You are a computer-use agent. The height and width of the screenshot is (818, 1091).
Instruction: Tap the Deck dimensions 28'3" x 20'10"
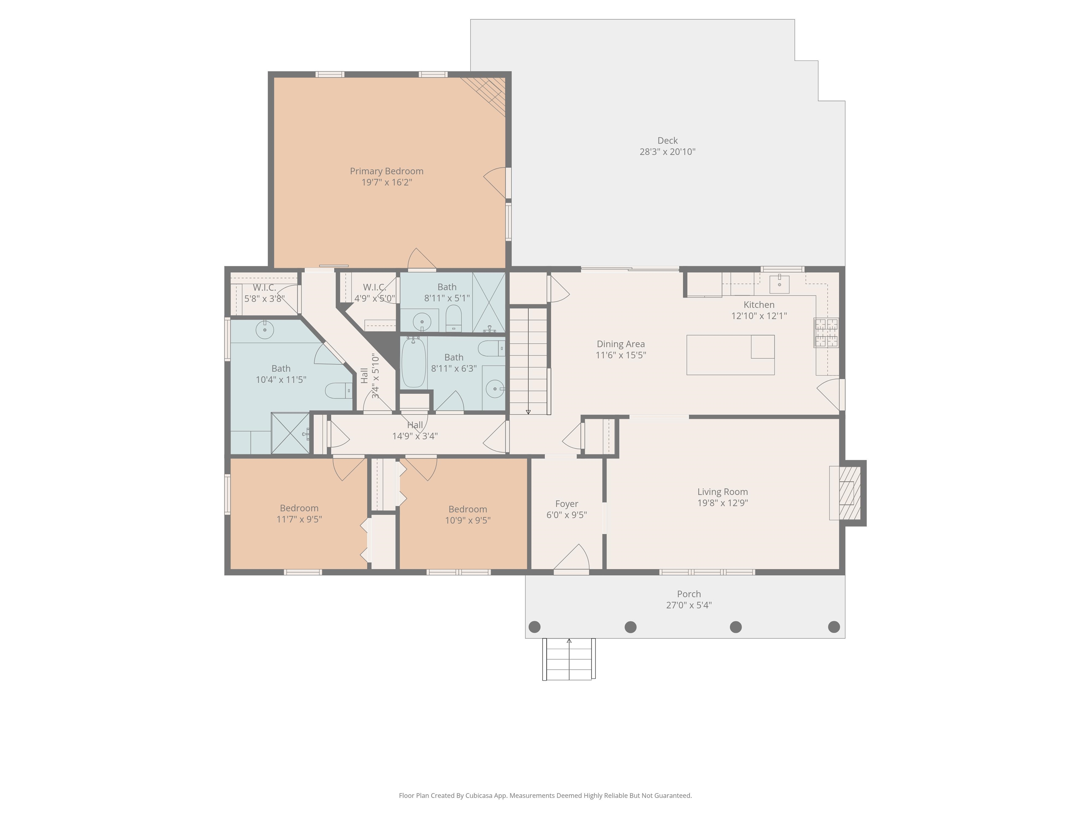click(667, 152)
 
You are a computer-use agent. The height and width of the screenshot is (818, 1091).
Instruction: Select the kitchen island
click(730, 355)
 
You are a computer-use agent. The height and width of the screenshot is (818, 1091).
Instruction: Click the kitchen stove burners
click(826, 333)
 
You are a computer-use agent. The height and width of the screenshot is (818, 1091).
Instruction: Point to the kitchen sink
click(779, 284)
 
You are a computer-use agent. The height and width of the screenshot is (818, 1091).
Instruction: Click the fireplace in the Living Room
click(849, 492)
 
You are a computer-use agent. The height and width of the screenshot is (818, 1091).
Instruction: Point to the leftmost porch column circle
click(534, 627)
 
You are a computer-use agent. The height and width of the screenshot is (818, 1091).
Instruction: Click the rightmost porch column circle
click(834, 627)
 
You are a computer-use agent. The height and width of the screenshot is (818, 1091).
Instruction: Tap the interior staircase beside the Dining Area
click(528, 360)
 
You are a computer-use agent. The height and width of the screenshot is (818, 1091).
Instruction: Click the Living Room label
click(722, 492)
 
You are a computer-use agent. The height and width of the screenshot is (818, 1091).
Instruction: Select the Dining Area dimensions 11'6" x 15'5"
click(620, 355)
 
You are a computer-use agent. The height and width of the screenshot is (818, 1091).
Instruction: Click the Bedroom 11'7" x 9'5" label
click(299, 508)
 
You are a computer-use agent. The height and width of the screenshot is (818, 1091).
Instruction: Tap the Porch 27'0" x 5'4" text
click(689, 605)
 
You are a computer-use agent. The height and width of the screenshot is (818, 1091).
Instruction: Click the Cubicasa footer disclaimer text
click(545, 795)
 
